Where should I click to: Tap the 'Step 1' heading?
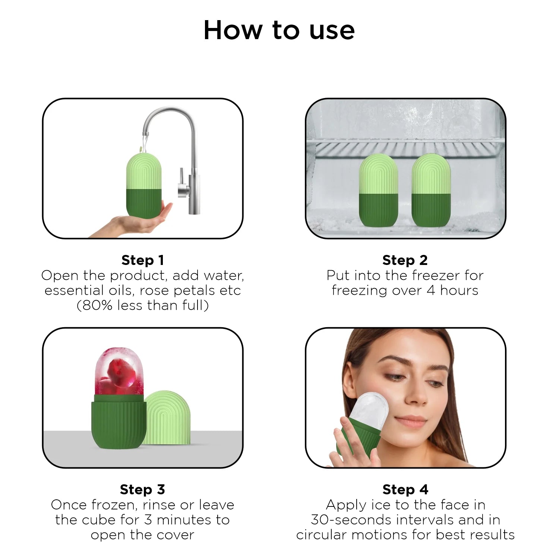coord(143,260)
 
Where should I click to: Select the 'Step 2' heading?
coord(405,260)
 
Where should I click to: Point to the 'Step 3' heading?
coord(142,489)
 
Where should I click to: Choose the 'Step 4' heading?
coord(405,489)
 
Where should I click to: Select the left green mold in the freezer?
coord(379,190)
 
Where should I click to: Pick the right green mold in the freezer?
coord(431,190)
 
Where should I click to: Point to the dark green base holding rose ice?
coord(119,423)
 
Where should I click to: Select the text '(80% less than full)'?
coord(143,306)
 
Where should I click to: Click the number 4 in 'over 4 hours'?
coord(431,290)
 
